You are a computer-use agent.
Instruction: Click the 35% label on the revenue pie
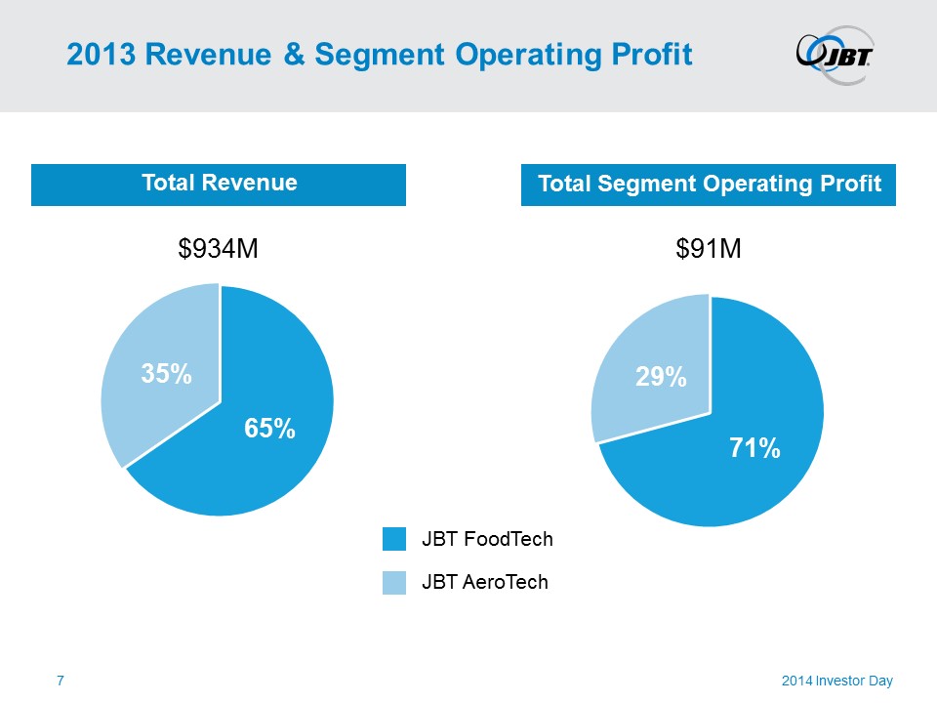[x=165, y=373]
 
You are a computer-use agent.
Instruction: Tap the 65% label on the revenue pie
[x=269, y=428]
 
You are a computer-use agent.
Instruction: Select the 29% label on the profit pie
[x=661, y=377]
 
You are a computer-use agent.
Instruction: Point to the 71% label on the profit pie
[x=754, y=448]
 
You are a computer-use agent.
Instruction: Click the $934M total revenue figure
[x=218, y=250]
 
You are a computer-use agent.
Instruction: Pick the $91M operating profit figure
[x=709, y=250]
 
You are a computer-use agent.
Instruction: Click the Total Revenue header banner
[x=219, y=183]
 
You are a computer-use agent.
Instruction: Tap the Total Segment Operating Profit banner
[x=709, y=184]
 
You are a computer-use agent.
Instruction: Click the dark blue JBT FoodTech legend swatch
[x=394, y=539]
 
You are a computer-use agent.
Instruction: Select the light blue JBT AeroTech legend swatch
[x=394, y=582]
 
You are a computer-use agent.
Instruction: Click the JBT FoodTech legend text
[x=487, y=539]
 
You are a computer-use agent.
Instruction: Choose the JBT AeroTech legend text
[x=485, y=582]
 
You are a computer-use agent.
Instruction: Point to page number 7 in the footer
[x=61, y=680]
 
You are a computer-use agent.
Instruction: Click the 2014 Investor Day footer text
[x=837, y=680]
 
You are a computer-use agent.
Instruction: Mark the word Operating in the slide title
[x=513, y=55]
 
